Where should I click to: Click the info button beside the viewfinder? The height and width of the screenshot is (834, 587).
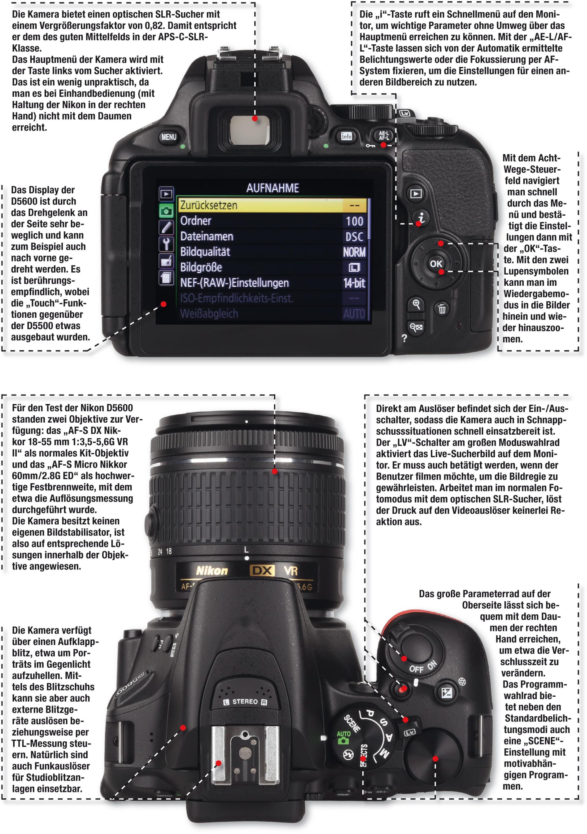click(x=346, y=136)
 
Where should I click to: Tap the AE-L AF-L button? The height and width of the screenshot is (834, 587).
click(x=383, y=135)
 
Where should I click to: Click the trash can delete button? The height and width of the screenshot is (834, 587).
click(x=441, y=309)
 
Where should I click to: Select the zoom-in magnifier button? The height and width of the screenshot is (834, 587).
click(x=416, y=304)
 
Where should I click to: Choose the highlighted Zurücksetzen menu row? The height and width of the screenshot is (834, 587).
click(x=273, y=205)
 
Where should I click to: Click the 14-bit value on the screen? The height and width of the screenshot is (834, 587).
click(x=354, y=283)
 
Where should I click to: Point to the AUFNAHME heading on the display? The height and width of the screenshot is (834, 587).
click(x=273, y=188)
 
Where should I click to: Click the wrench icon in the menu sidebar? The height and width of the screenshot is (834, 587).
click(x=166, y=244)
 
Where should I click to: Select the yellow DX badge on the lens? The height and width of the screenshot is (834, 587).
click(x=262, y=571)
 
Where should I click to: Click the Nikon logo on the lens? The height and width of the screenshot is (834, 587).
click(x=212, y=571)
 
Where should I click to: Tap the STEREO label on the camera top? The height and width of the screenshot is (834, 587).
click(x=245, y=701)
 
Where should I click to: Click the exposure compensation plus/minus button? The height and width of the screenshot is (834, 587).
click(x=446, y=692)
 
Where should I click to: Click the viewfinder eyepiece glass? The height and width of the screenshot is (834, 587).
click(x=250, y=130)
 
